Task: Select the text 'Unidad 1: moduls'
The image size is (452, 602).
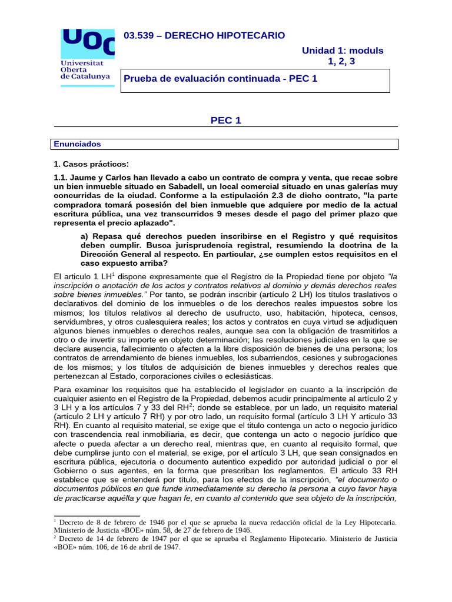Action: pos(343,51)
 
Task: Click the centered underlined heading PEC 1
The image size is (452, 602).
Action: pos(226,121)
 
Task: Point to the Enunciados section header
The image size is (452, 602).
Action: pos(78,144)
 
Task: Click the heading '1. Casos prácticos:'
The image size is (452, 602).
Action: pos(91,163)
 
